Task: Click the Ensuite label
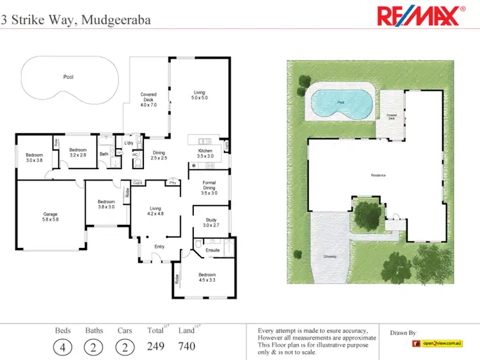[213, 250]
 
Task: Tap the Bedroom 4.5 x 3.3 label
[207, 277]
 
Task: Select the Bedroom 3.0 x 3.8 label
[34, 158]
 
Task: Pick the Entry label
[159, 247]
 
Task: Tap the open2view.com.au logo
[436, 344]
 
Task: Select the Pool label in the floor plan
[68, 77]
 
